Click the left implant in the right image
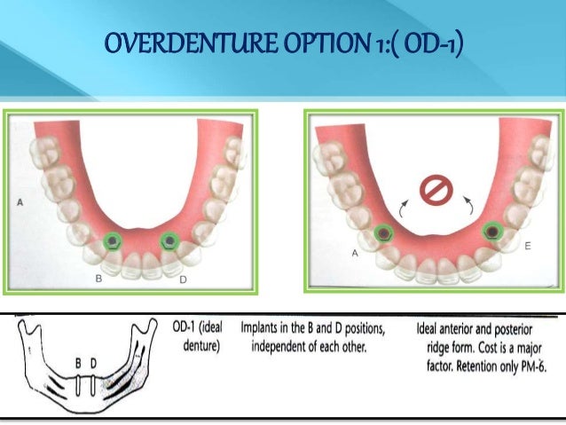pyautogui.click(x=383, y=232)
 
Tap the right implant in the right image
pyautogui.click(x=491, y=230)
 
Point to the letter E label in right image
pyautogui.click(x=528, y=247)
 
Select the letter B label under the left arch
pyautogui.click(x=98, y=278)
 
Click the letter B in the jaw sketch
pyautogui.click(x=78, y=363)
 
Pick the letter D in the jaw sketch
pyautogui.click(x=91, y=363)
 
